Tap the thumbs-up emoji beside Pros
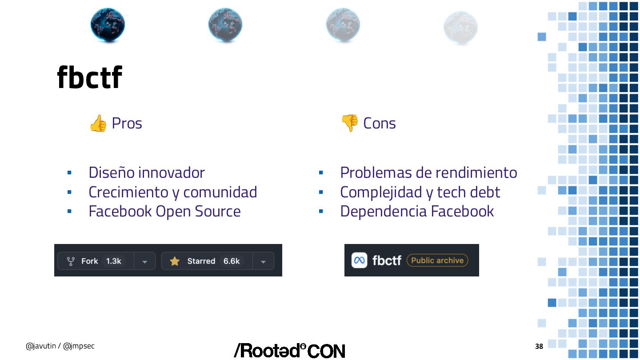(x=98, y=124)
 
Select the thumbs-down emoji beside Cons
(x=349, y=123)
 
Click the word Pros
(x=127, y=123)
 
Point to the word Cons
(x=379, y=123)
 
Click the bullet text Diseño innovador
(x=147, y=172)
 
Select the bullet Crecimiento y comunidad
(x=172, y=192)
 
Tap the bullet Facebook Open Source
(x=164, y=211)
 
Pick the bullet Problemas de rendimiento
(x=428, y=172)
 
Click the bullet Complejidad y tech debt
(x=420, y=192)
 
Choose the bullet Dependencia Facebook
(x=417, y=211)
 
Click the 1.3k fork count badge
(x=113, y=261)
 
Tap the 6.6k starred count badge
(x=232, y=261)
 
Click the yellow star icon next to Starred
(x=175, y=261)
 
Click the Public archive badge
(x=437, y=260)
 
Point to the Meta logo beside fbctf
(x=360, y=260)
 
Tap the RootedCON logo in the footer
(x=289, y=351)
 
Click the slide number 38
(x=539, y=346)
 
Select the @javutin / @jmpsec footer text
(x=60, y=346)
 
